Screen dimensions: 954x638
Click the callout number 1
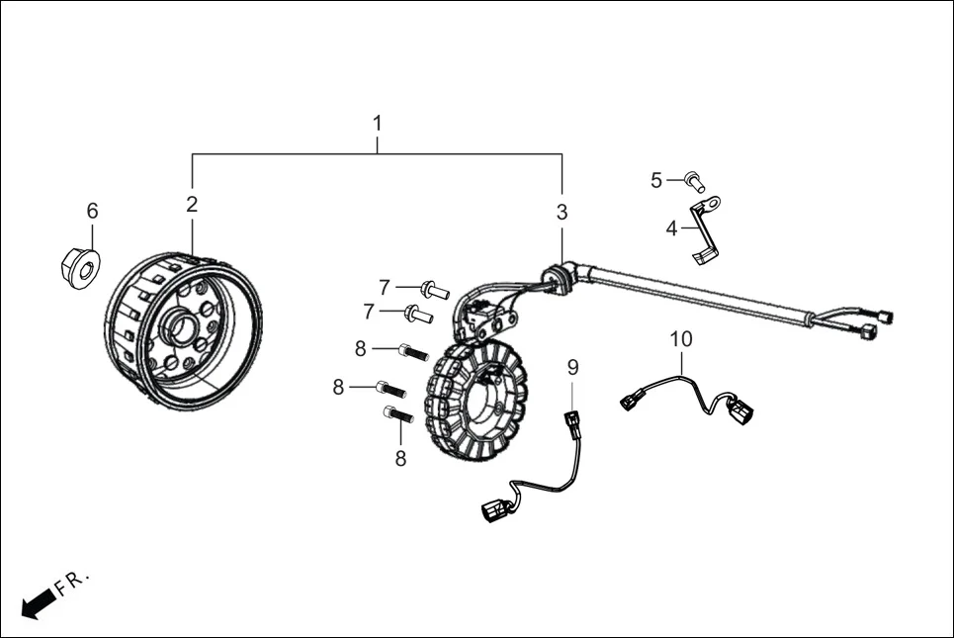point(378,123)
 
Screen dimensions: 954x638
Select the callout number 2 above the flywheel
point(192,205)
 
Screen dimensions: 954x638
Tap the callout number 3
point(562,212)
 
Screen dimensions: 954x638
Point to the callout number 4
point(671,228)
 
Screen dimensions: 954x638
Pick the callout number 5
point(655,180)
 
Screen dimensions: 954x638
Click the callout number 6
point(93,211)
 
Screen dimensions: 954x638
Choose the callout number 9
point(572,367)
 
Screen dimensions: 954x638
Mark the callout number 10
point(681,339)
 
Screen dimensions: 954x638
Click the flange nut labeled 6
point(81,268)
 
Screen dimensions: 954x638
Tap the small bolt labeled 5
point(694,181)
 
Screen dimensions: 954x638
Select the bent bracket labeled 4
point(705,229)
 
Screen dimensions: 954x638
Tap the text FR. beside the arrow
point(72,583)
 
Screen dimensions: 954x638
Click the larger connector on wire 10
point(741,410)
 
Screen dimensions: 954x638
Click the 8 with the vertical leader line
point(400,458)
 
